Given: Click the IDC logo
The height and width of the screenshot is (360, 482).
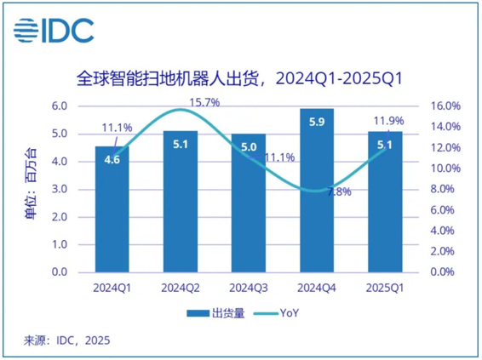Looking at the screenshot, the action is point(54,31).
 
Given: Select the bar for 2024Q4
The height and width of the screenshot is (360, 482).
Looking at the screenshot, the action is point(317,191).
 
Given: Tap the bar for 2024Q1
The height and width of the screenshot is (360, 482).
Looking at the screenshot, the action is point(112,209).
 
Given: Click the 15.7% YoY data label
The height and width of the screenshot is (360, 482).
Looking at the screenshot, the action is point(204,103).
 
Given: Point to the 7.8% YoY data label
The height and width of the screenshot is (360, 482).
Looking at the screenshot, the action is point(340,191).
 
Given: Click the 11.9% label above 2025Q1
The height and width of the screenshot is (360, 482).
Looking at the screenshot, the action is point(388,121).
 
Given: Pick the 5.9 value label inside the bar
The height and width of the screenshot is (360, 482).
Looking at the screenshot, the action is point(317,123).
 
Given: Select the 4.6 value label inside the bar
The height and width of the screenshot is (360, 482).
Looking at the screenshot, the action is point(112,160).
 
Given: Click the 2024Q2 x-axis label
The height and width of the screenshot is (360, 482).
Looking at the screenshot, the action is point(181,289).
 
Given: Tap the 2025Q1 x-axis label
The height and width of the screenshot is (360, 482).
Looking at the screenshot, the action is point(385,289).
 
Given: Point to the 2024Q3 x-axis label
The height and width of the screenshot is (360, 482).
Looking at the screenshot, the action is point(249,289).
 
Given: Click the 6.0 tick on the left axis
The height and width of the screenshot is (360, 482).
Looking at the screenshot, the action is point(60,106).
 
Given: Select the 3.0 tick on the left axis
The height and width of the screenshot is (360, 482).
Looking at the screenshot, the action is point(60,189).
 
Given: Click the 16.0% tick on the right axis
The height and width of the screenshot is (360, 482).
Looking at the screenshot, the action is point(445,106).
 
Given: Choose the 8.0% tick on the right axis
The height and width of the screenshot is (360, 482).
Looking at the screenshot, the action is point(442,189).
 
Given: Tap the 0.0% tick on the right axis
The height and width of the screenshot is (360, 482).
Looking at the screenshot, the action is point(442,271).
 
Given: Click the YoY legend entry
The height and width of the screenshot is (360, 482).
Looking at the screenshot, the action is point(276,313).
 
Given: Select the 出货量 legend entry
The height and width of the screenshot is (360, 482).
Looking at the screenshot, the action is point(215,313).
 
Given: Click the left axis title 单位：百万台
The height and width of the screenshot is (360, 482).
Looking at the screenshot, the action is point(31,184).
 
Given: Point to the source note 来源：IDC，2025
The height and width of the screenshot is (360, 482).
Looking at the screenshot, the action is point(66,340).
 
